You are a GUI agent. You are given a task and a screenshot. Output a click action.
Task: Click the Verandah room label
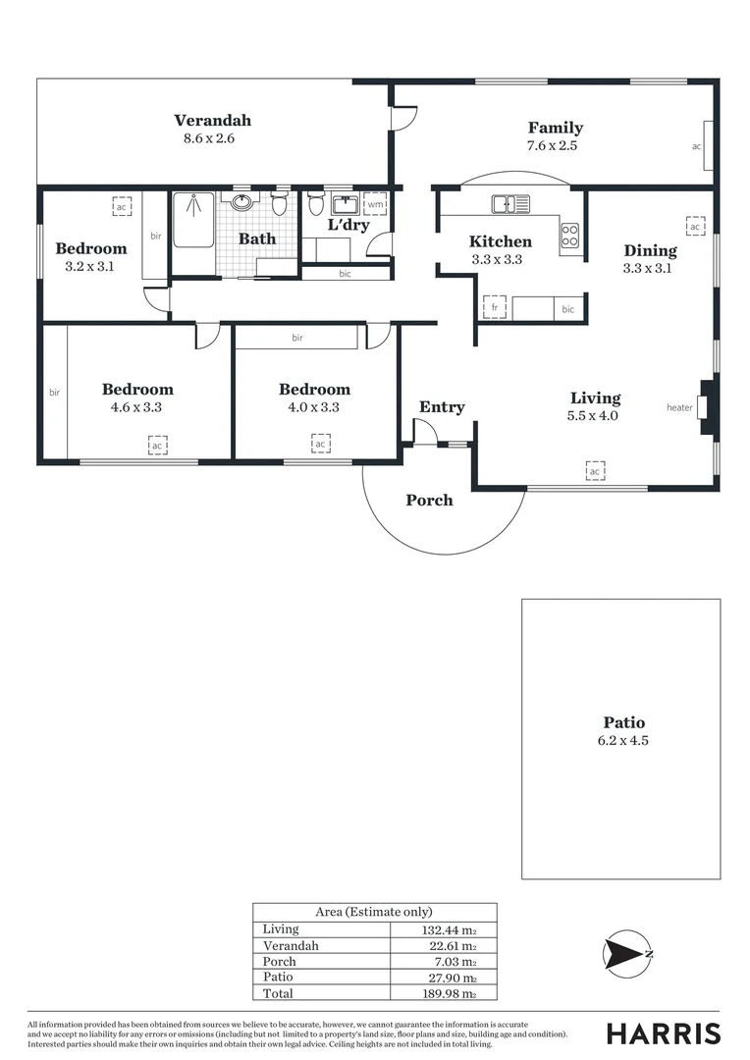[212, 121]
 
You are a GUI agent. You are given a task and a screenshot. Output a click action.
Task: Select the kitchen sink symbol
[511, 204]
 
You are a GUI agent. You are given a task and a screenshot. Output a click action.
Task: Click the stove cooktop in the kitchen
[569, 235]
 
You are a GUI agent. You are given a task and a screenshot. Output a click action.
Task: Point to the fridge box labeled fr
[495, 308]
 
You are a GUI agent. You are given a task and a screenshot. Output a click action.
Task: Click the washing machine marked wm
[375, 204]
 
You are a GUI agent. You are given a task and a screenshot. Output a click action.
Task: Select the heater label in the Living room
[679, 407]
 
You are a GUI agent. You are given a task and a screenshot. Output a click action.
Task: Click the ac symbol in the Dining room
[695, 227]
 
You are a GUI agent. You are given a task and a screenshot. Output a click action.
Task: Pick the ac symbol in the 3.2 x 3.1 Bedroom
[122, 207]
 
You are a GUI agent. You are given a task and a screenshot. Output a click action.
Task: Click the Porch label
[430, 501]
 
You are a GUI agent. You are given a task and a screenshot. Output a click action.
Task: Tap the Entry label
[442, 407]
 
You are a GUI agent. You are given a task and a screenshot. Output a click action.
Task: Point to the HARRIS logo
[663, 1033]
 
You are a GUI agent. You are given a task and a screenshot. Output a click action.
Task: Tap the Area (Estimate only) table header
[374, 912]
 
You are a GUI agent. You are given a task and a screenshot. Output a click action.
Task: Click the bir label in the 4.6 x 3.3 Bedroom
[54, 393]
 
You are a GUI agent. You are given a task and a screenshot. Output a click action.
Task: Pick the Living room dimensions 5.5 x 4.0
[595, 415]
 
